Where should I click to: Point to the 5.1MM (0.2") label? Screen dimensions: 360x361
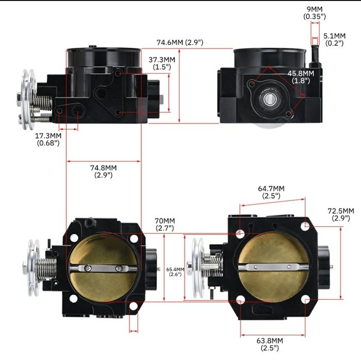[x=334, y=39]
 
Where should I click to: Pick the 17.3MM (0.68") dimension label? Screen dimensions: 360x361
[x=48, y=139]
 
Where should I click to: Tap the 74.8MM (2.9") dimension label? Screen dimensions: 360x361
[x=103, y=172]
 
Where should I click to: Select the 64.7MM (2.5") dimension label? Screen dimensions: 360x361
[x=271, y=192]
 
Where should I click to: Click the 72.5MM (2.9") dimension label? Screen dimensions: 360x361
[x=341, y=215]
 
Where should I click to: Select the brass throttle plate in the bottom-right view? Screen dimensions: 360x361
[x=273, y=268]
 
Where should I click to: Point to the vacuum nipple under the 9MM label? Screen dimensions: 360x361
[x=314, y=52]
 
